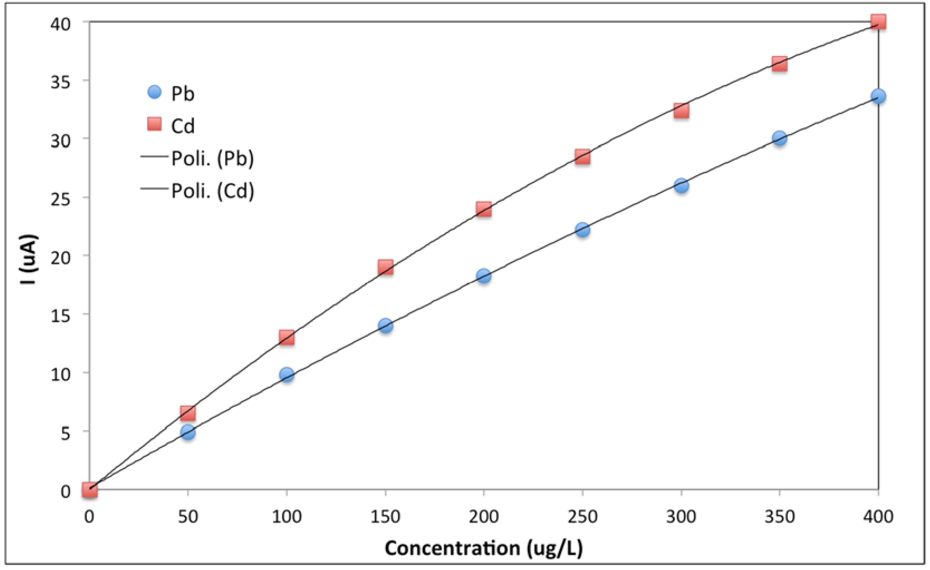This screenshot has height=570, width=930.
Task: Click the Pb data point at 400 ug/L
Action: pos(878,96)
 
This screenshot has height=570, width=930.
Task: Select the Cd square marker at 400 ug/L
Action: pos(878,21)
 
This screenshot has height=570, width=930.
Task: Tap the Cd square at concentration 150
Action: pos(385,267)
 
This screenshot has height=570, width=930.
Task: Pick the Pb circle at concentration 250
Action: pos(582,229)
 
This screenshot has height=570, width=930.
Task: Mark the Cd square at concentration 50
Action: pos(188,413)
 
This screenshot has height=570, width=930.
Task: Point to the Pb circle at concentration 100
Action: pos(287,375)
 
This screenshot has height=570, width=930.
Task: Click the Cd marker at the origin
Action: pos(90,490)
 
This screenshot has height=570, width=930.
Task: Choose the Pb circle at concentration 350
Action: pos(779,138)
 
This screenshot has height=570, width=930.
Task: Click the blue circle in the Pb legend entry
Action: pos(154,92)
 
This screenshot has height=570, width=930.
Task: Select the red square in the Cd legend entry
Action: pos(154,124)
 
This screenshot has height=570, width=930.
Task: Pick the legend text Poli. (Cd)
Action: pos(213,191)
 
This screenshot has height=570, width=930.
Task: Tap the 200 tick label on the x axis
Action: pos(483,516)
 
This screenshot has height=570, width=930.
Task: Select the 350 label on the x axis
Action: pos(779,516)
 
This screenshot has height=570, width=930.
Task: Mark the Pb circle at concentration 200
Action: pos(483,276)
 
